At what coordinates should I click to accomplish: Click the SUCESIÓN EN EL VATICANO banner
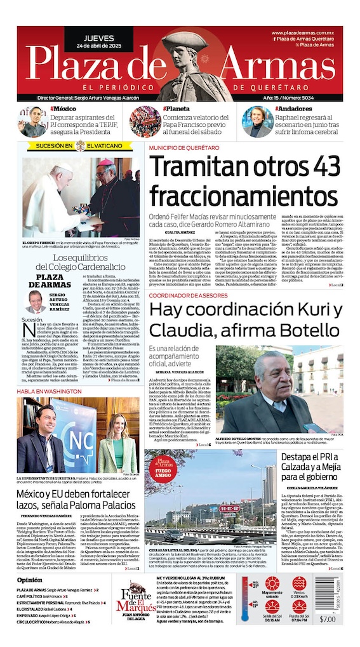click(x=75, y=145)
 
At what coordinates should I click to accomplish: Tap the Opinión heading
click(x=30, y=580)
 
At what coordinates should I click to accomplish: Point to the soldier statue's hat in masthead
click(x=180, y=41)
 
